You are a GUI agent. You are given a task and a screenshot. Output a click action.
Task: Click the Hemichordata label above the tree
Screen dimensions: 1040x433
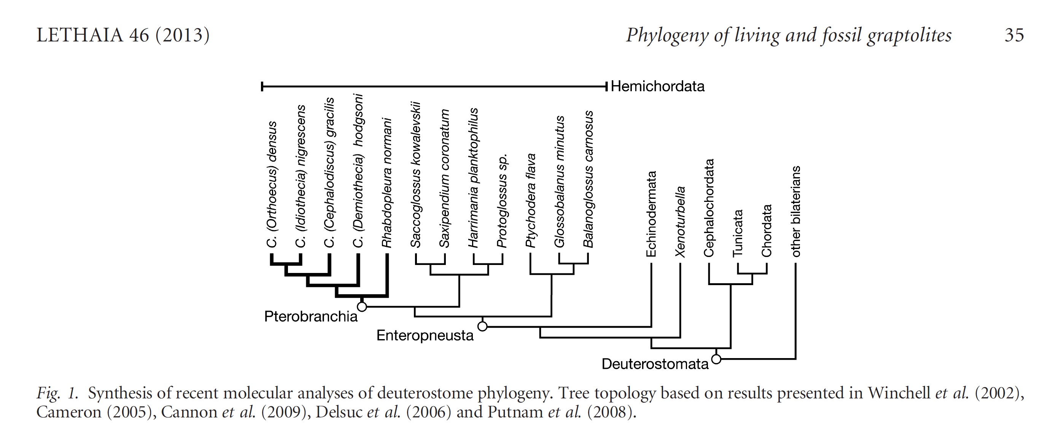tap(657, 86)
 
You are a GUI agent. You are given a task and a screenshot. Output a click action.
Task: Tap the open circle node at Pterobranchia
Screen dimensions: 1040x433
tap(362, 307)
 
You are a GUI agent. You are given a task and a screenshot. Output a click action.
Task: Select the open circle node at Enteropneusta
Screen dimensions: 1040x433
tap(482, 326)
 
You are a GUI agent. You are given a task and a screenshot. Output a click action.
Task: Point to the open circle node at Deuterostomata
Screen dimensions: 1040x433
tap(716, 359)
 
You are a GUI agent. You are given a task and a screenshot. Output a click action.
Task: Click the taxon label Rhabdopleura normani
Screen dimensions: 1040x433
tap(387, 182)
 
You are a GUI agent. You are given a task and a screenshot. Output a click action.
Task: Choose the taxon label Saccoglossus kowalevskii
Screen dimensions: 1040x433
tap(415, 175)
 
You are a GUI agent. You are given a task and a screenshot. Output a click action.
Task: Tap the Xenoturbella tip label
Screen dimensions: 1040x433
tap(680, 221)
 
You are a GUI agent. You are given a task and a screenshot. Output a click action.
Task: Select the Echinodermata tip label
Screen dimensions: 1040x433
tap(651, 214)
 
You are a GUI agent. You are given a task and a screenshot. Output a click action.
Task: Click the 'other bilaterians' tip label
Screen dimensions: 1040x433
tap(796, 211)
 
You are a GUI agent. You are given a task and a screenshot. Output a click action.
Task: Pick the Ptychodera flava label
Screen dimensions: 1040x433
tap(531, 200)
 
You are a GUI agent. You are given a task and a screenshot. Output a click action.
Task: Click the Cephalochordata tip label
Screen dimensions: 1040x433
tap(709, 208)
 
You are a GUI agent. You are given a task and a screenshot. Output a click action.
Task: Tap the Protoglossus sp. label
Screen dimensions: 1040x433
tap(502, 201)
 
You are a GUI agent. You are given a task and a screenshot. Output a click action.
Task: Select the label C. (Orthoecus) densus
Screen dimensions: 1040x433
tap(272, 184)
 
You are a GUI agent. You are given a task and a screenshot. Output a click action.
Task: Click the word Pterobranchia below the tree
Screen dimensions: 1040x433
tap(311, 316)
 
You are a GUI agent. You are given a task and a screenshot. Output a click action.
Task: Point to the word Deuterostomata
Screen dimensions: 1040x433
tap(655, 364)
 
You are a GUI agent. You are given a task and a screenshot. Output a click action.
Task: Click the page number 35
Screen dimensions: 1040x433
tap(1014, 35)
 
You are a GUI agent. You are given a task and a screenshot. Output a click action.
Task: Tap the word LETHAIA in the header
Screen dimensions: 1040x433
tap(80, 35)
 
